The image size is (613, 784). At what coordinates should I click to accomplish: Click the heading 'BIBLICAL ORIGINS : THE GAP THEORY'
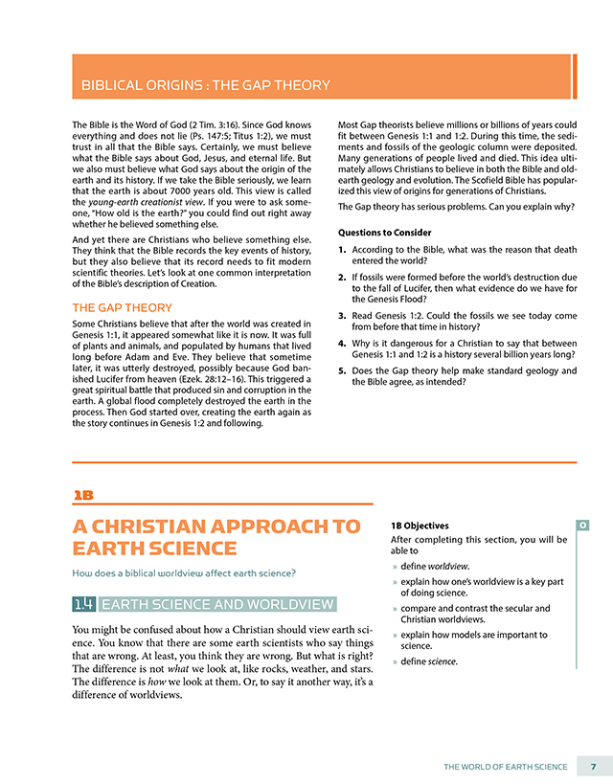point(205,85)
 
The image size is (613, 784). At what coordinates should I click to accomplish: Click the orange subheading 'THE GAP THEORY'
point(123,307)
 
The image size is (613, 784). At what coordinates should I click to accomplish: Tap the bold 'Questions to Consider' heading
point(385,232)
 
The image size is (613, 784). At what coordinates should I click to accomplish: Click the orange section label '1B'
point(83,495)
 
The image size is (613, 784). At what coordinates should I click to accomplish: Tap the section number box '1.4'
point(83,603)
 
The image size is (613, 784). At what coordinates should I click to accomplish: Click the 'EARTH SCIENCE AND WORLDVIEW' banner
point(217,603)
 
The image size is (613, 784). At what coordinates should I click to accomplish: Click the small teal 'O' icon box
point(582,525)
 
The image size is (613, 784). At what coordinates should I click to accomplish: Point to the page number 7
point(594,767)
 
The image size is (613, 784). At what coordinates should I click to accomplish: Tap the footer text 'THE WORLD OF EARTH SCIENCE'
point(505,767)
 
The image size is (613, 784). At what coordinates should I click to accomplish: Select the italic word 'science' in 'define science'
point(443,661)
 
